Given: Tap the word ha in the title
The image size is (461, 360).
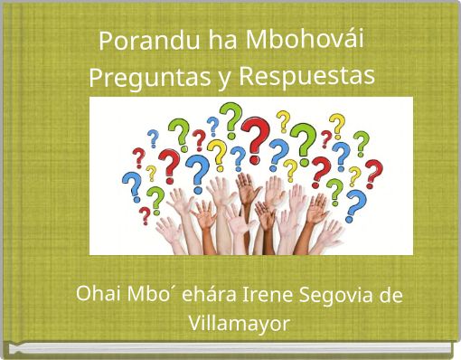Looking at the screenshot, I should point(200,41).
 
